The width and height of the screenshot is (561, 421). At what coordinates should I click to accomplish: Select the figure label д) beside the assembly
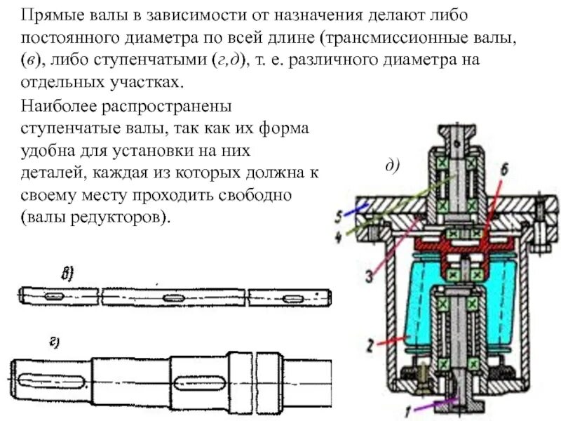coord(391,165)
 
